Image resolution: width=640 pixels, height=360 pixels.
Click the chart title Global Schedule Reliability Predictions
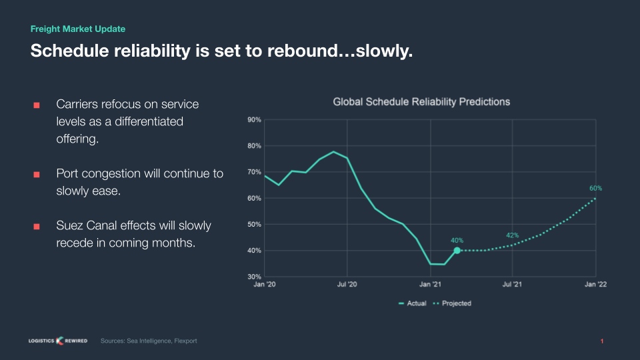[421, 102]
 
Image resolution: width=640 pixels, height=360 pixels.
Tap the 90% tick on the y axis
[254, 120]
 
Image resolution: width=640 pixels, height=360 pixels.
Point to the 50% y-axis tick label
[254, 225]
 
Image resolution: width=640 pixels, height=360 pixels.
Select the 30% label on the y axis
[254, 277]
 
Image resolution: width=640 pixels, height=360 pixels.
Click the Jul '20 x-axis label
[347, 285]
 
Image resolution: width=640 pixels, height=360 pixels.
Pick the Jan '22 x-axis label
[595, 285]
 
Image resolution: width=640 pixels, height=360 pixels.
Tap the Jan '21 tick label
[430, 285]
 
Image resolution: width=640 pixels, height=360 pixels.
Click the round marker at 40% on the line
[457, 251]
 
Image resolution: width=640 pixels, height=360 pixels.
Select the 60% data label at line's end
[595, 188]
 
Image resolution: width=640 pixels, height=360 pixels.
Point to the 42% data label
[512, 235]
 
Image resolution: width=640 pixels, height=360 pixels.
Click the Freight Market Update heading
[78, 29]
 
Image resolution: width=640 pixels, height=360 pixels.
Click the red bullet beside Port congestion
[37, 174]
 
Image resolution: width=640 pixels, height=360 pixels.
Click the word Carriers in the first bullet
[79, 105]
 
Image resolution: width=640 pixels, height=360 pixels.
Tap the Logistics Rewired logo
[58, 341]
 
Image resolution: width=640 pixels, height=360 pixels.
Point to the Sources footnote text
[149, 341]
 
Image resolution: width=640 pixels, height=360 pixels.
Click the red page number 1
[602, 342]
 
